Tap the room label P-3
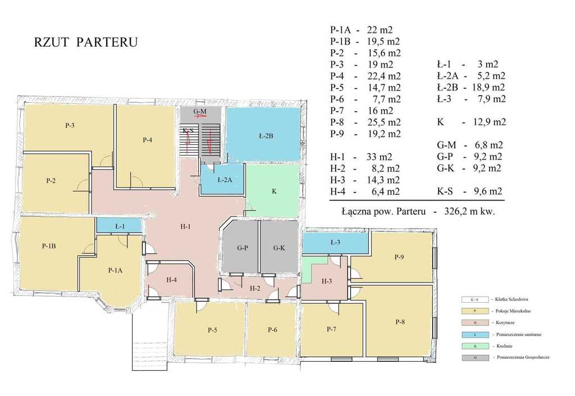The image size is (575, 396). (x=70, y=125)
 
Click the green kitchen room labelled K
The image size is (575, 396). (x=274, y=192)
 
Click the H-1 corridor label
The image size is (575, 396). (x=186, y=226)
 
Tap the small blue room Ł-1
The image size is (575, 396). (x=119, y=226)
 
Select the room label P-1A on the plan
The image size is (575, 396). (x=115, y=270)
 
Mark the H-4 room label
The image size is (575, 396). (x=172, y=280)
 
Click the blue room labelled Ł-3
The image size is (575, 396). (x=335, y=242)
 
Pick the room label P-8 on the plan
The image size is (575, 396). (x=400, y=322)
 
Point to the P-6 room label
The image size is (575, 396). (x=272, y=330)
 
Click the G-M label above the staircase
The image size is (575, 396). (x=200, y=111)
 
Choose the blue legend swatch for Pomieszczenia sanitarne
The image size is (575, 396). (x=475, y=334)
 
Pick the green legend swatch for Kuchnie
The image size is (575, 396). (x=475, y=346)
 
